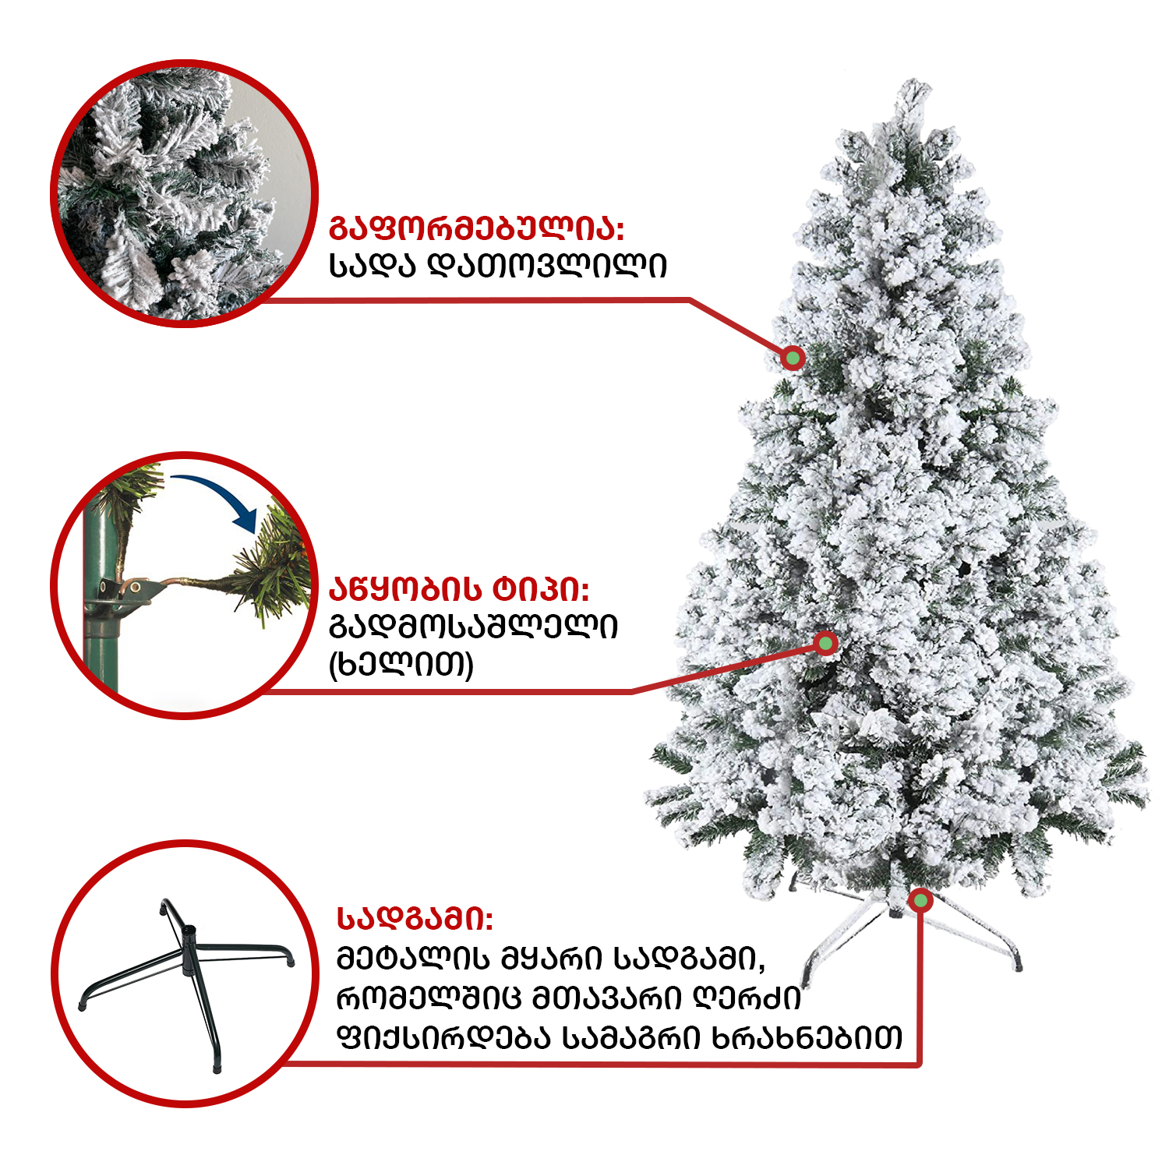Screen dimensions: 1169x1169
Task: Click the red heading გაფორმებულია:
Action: (x=477, y=229)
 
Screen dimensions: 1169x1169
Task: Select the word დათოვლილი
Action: (x=548, y=266)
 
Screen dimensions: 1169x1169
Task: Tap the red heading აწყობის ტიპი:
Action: (x=459, y=588)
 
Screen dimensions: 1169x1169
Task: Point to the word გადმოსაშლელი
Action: (x=473, y=626)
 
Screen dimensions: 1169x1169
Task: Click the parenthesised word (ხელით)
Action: (x=401, y=665)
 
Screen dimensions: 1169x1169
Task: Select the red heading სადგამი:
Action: (x=415, y=919)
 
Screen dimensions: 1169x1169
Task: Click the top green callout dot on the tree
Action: (x=793, y=358)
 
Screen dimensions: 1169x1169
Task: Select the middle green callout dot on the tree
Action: (x=825, y=644)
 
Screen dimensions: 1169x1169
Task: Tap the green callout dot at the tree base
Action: (x=920, y=901)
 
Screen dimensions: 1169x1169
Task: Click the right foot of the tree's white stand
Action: (x=1018, y=965)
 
